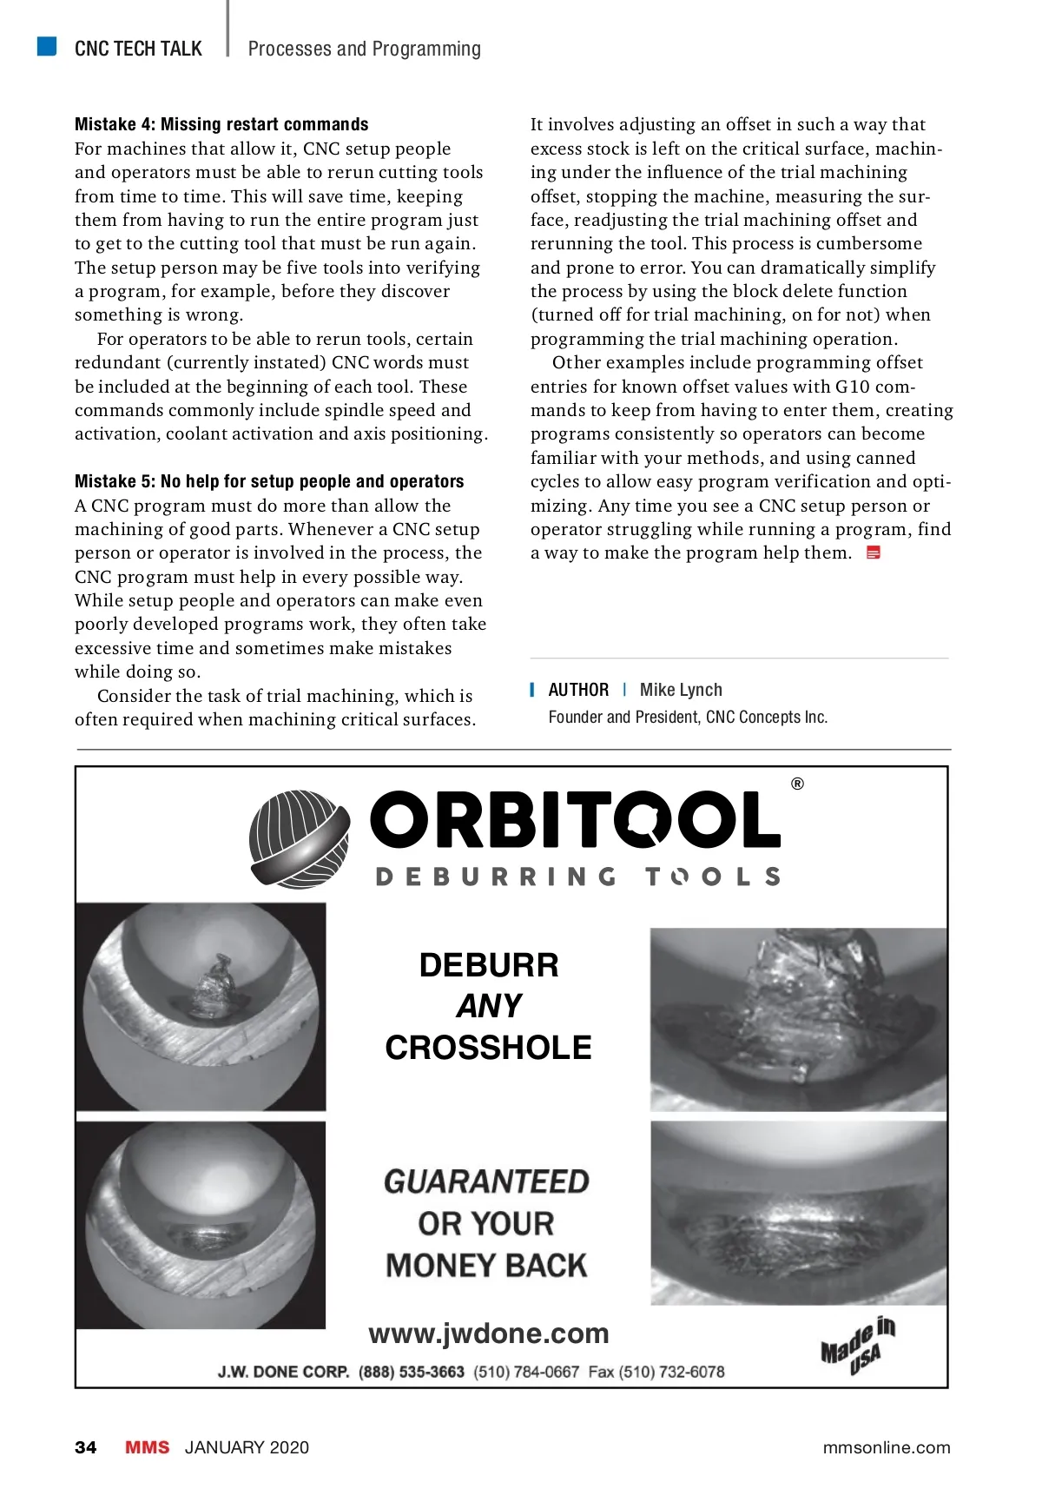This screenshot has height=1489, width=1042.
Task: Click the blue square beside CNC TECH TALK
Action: [x=47, y=46]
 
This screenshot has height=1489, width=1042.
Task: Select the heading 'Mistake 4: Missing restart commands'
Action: [x=221, y=124]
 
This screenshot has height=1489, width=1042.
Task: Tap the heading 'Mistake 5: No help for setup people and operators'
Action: [x=269, y=481]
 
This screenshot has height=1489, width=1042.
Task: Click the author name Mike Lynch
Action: [x=681, y=690]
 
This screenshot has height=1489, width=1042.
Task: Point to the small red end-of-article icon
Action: [x=874, y=553]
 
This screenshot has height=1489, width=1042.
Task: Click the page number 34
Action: [x=86, y=1447]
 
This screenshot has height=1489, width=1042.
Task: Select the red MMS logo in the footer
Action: [x=148, y=1447]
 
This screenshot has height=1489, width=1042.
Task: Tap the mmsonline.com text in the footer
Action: [x=886, y=1447]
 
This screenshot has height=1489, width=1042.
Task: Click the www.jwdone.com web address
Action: [x=489, y=1333]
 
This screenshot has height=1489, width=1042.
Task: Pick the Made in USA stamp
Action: [x=858, y=1346]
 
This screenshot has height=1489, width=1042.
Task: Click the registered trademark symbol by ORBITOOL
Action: [x=797, y=784]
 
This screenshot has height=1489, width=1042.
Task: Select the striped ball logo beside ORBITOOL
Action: [x=300, y=838]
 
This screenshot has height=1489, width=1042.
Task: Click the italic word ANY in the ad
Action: [x=489, y=1006]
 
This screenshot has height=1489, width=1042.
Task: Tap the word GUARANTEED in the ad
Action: [x=486, y=1181]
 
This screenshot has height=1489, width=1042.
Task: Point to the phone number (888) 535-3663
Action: [x=412, y=1372]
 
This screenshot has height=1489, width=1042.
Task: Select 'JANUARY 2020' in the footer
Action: [x=247, y=1447]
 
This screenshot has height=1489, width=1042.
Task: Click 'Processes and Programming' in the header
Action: [x=364, y=49]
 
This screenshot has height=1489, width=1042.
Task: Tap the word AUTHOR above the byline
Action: [x=578, y=690]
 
